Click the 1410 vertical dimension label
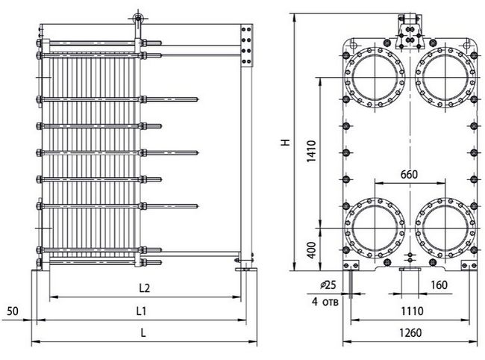[x=312, y=152]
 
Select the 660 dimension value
[x=409, y=175]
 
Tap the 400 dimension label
[x=312, y=250]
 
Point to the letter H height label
[x=286, y=142]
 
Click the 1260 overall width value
[x=410, y=333]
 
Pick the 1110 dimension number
[x=412, y=311]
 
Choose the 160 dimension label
[x=439, y=285]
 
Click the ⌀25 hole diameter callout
[x=328, y=285]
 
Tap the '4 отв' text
[x=325, y=302]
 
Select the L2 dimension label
[x=144, y=288]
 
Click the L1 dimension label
[x=141, y=311]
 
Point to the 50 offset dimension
[x=13, y=311]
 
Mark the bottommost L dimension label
[x=143, y=333]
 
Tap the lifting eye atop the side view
[x=137, y=19]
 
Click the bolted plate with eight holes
[x=246, y=46]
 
